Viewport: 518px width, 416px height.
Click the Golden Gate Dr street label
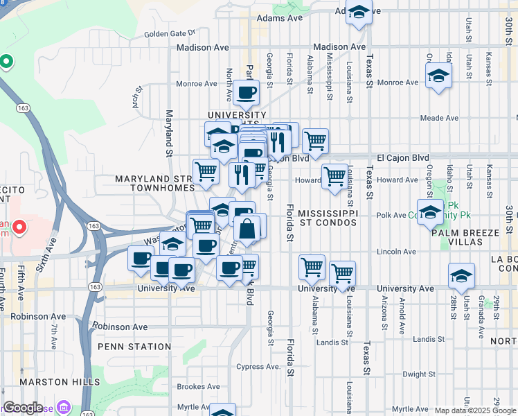[170, 33]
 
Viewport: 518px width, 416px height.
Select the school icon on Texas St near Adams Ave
[359, 12]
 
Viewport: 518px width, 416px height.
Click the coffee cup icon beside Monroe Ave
[246, 92]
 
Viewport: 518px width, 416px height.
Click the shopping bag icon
[247, 227]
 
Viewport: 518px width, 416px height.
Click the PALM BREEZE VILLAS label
[465, 237]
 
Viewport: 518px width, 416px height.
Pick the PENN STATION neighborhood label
[134, 347]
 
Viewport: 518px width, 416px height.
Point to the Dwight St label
[418, 374]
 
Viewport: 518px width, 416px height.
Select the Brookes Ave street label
[198, 387]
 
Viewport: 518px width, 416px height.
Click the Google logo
[24, 408]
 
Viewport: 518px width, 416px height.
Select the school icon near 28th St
[461, 275]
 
